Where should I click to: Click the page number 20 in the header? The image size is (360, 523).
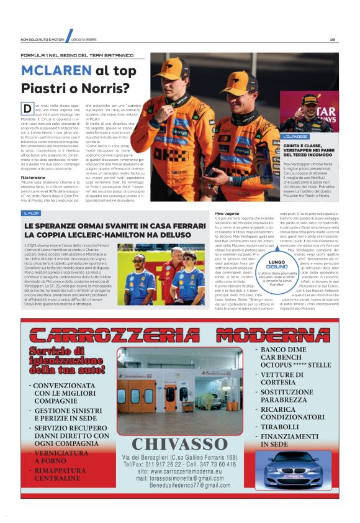pos(333,40)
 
